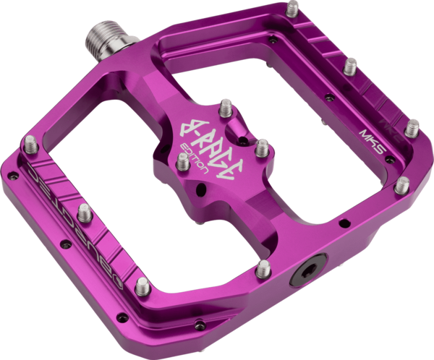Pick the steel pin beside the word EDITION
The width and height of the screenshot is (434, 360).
coord(182,163)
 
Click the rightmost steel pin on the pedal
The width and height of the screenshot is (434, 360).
coord(412,129)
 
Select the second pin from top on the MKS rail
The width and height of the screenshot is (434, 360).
coord(350,67)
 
